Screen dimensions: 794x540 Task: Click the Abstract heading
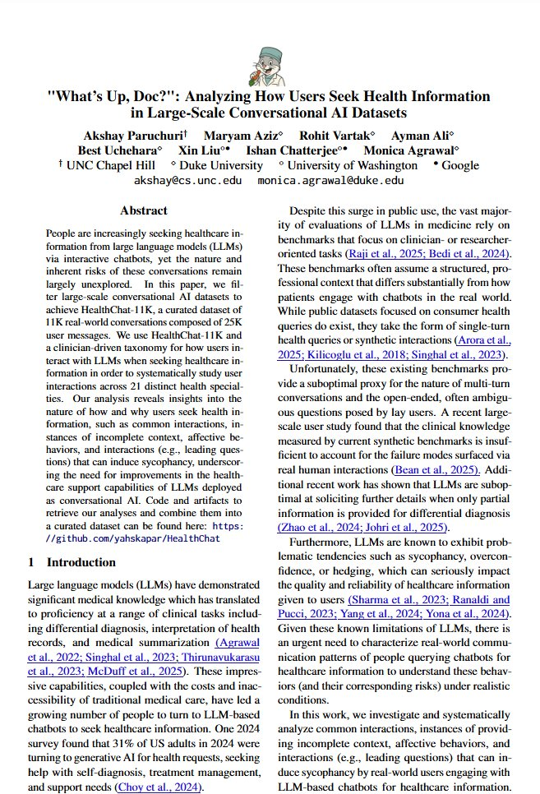[x=144, y=211]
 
